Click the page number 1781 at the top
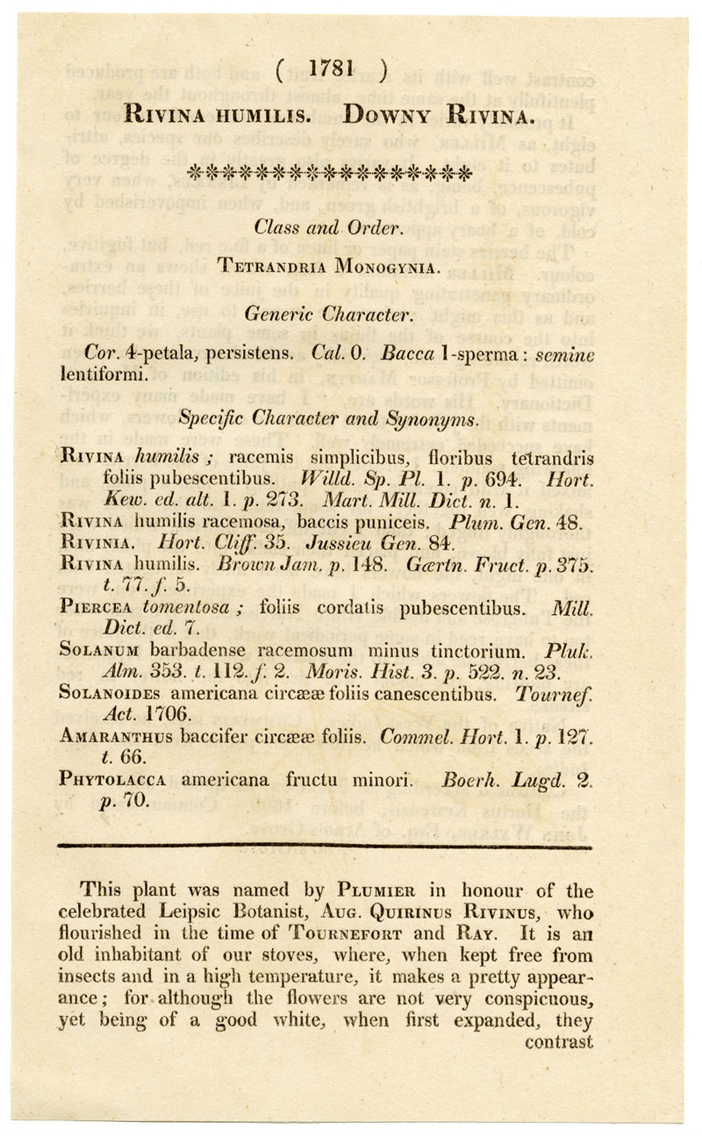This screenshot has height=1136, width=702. tap(330, 69)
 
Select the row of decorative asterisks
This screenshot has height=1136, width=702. tap(330, 173)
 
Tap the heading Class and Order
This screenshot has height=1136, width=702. tap(329, 227)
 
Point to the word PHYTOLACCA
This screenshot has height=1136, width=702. tap(111, 778)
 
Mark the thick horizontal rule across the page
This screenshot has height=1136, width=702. tap(325, 847)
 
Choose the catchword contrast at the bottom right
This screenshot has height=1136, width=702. tap(559, 1042)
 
